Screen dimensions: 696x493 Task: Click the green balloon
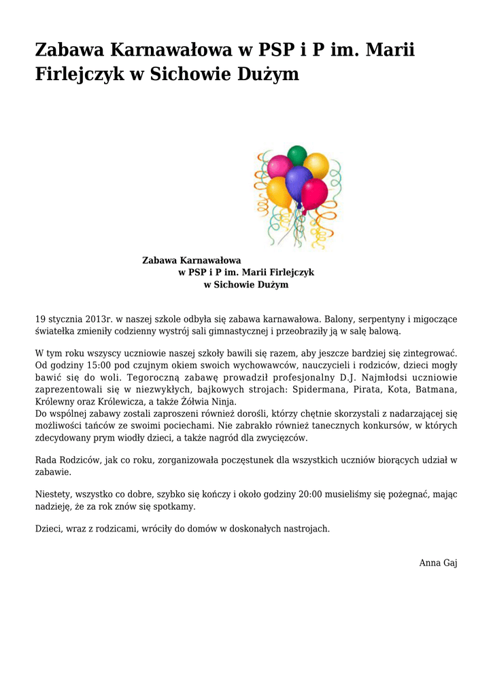pyautogui.click(x=297, y=155)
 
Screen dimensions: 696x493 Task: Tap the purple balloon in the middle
pyautogui.click(x=298, y=182)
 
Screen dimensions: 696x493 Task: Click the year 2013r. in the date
pyautogui.click(x=99, y=319)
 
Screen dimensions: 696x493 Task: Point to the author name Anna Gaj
pyautogui.click(x=438, y=563)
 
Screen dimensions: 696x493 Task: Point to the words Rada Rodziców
pyautogui.click(x=69, y=460)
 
